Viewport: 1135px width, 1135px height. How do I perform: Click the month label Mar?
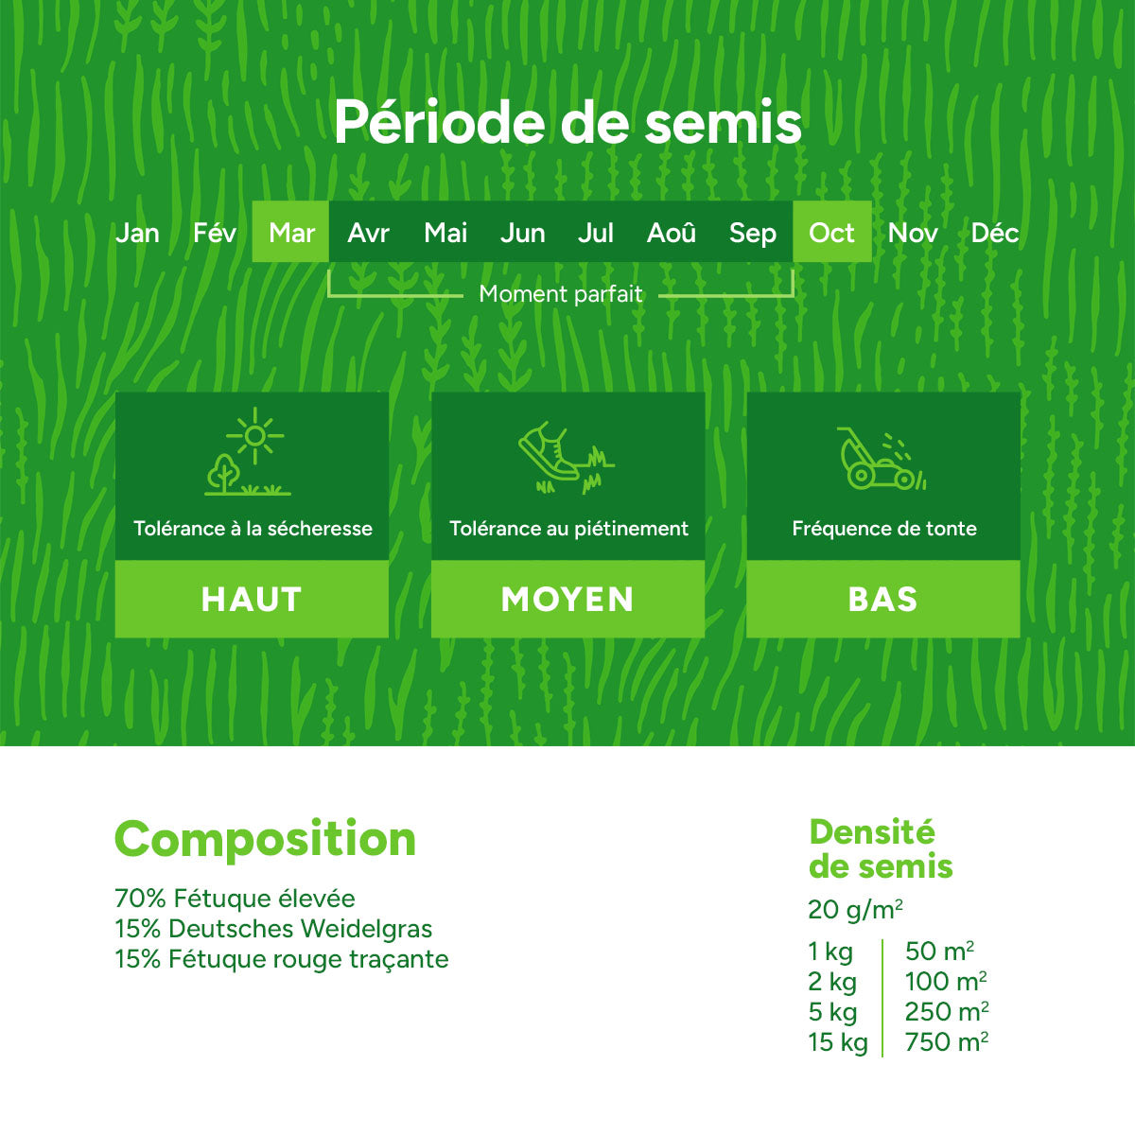[291, 233]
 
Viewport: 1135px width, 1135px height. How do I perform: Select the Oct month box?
[831, 231]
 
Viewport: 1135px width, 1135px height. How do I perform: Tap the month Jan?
[136, 233]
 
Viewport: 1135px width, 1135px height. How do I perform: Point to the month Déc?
[995, 233]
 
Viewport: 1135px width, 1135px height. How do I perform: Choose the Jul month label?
[596, 233]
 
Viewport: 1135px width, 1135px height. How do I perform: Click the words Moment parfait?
[560, 293]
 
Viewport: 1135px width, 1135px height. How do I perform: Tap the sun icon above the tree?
[255, 436]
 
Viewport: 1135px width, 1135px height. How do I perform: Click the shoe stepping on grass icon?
[567, 458]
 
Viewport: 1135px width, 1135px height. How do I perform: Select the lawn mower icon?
[882, 459]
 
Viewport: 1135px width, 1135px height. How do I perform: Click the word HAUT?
[252, 600]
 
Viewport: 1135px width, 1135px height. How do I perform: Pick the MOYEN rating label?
[567, 600]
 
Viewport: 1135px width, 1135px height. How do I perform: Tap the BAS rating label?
[882, 600]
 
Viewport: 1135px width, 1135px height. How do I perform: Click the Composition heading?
[265, 839]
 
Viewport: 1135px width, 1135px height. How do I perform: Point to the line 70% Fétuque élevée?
[235, 899]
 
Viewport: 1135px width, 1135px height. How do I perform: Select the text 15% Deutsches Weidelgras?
[273, 929]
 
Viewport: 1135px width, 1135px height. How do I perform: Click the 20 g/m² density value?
[855, 909]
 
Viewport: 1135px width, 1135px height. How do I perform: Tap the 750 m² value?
[947, 1042]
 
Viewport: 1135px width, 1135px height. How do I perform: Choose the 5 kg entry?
[832, 1012]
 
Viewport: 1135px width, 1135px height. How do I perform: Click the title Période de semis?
[567, 121]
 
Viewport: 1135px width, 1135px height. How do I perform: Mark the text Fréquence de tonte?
[884, 529]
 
